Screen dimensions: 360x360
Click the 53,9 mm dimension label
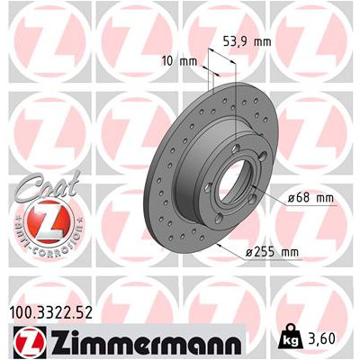247,42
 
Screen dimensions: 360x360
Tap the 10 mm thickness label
179,61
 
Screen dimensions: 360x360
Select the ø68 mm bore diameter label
310,198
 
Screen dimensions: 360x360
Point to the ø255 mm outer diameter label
273,253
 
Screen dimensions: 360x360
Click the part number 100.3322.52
51,313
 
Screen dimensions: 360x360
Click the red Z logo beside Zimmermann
30,341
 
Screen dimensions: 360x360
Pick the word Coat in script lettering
48,186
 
